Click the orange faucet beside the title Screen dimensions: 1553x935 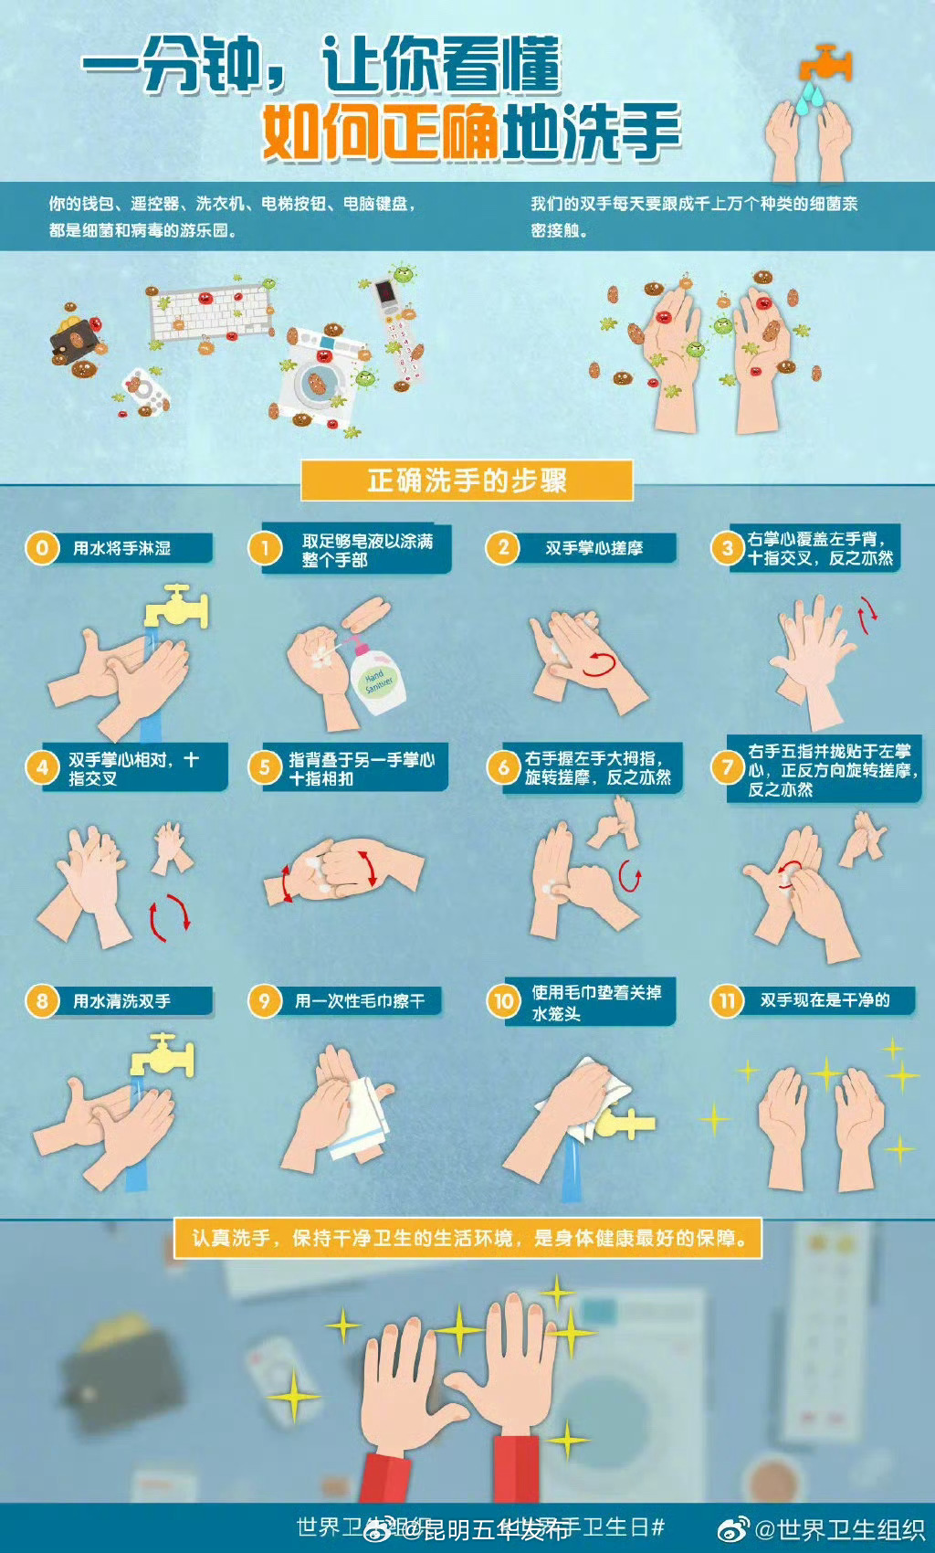point(826,64)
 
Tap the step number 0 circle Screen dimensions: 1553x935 point(42,548)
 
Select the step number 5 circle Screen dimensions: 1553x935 point(265,767)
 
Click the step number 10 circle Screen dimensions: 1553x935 point(503,1001)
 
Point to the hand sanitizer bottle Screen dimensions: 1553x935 point(376,677)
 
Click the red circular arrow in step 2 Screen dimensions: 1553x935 point(602,663)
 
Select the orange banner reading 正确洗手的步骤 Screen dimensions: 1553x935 point(467,481)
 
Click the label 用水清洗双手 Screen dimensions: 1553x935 point(122,1001)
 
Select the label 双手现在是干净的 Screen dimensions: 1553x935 point(825,1000)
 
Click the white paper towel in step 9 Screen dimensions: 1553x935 point(365,1119)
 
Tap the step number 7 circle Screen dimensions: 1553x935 point(727,767)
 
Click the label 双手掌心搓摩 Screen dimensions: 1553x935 point(594,548)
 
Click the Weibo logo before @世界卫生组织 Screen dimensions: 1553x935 point(732,1529)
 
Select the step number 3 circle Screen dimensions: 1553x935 point(727,548)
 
